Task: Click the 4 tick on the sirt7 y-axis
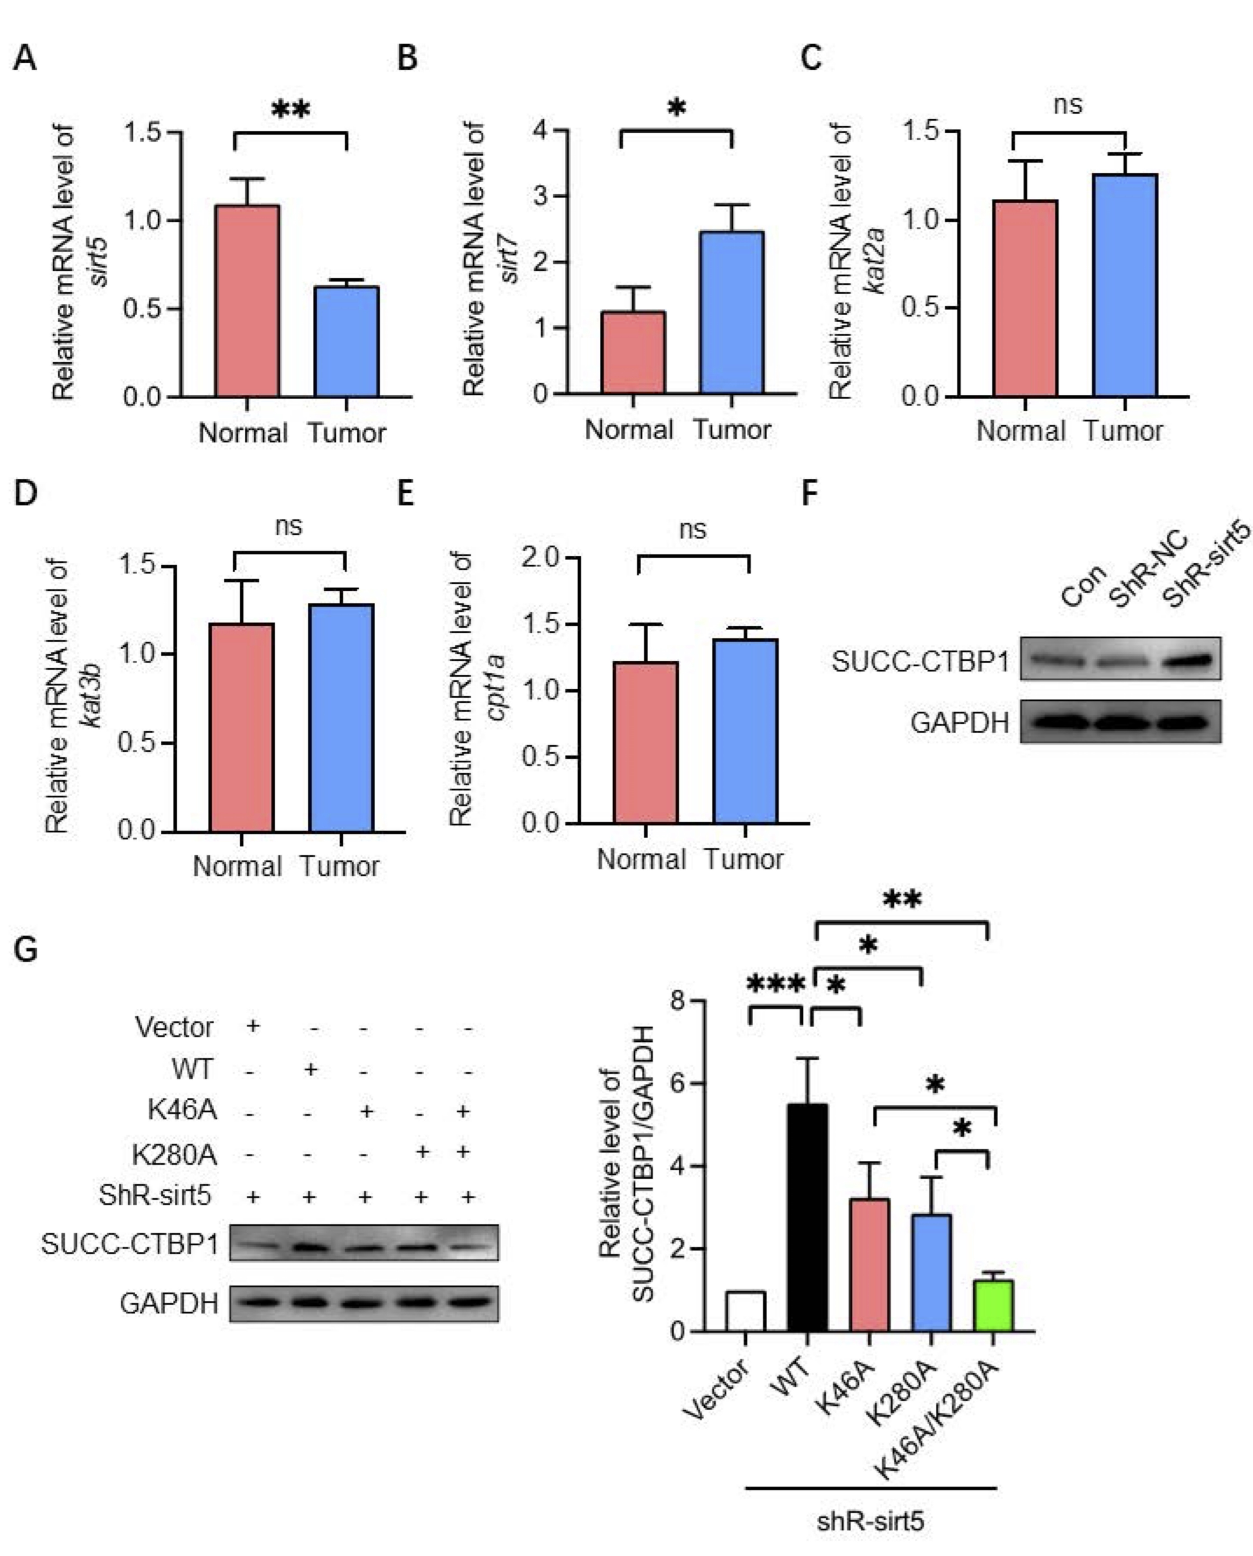coord(541,131)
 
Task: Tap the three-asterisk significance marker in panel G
coord(776,984)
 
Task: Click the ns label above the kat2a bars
coord(1068,105)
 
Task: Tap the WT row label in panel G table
coord(192,1069)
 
